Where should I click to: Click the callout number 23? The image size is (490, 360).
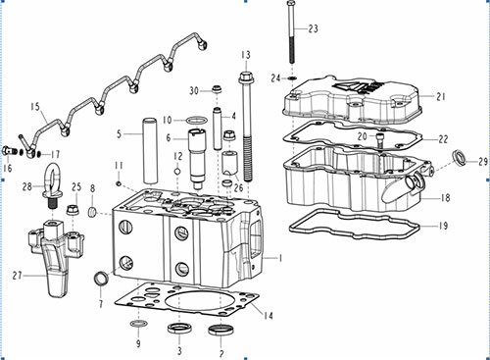313,28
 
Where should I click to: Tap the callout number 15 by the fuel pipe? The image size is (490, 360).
35,107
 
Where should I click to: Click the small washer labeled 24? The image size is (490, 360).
292,78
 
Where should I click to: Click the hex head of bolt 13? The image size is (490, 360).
245,78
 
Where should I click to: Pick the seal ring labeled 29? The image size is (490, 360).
461,158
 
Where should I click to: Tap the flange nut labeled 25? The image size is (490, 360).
73,210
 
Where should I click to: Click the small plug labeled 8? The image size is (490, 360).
93,212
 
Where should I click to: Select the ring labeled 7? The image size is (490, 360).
101,279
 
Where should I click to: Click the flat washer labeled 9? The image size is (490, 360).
138,324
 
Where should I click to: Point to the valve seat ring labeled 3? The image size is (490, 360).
178,328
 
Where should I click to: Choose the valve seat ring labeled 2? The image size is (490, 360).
220,330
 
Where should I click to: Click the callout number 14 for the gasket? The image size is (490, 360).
268,316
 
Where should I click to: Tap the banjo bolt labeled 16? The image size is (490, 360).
8,151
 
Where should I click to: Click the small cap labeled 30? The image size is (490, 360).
217,88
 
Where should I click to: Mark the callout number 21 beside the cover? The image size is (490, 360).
441,96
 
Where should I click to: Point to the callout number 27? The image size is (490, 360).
17,276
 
